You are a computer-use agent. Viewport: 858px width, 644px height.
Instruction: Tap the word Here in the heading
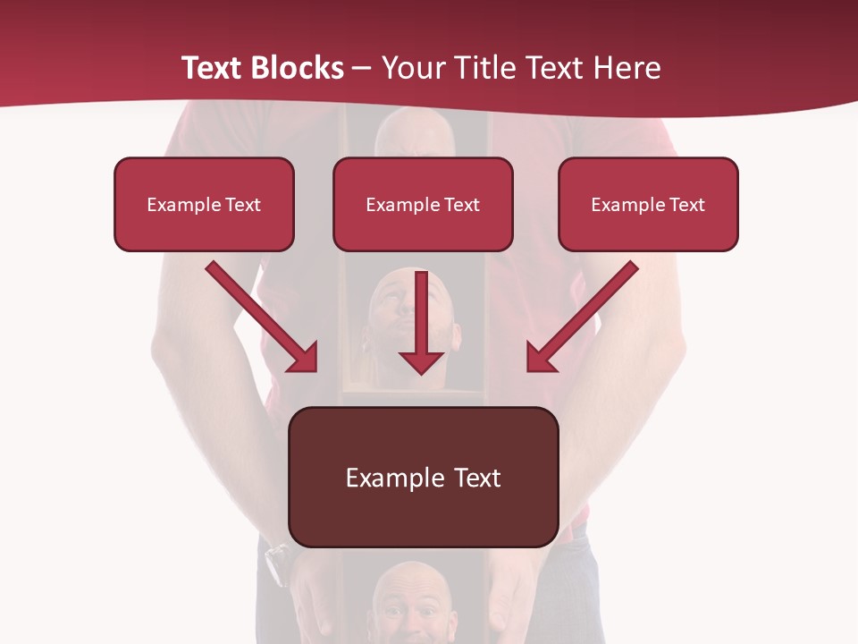point(627,68)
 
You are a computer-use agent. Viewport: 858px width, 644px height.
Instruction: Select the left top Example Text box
point(204,205)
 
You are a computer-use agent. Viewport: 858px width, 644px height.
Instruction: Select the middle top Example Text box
point(423,205)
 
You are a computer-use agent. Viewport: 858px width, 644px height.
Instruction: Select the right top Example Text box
point(648,205)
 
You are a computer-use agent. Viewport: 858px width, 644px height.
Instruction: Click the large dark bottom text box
point(424,478)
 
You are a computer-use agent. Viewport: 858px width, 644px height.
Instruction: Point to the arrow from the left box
point(261,316)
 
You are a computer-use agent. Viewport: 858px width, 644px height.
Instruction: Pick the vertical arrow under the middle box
point(421,322)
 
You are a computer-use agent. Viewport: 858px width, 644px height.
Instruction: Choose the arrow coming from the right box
point(583,316)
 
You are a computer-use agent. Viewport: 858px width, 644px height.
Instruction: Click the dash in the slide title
point(362,69)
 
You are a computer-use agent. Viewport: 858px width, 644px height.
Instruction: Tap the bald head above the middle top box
point(413,134)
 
